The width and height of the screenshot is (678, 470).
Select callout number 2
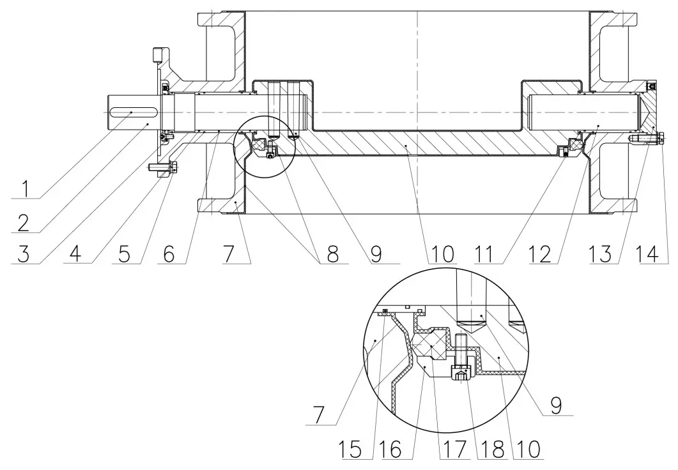[24, 222]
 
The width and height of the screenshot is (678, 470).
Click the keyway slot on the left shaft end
[130, 112]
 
